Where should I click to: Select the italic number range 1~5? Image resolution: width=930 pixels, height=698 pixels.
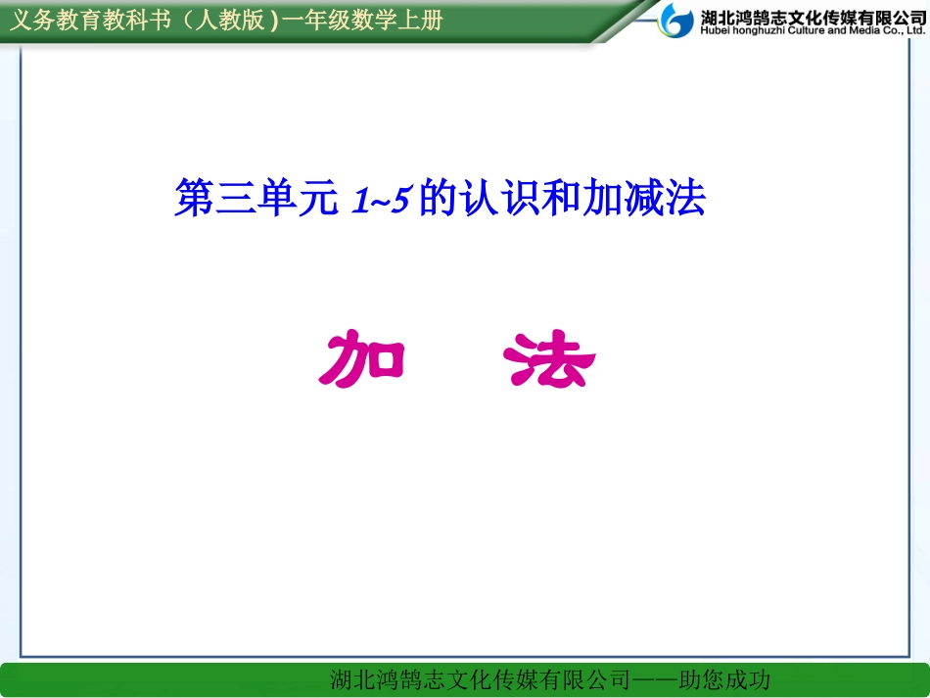[x=380, y=201]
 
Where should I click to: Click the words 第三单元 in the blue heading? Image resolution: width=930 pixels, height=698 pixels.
[x=256, y=200]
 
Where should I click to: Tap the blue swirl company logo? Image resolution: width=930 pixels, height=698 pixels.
[x=674, y=20]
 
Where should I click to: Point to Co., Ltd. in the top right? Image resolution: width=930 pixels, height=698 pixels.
[x=899, y=31]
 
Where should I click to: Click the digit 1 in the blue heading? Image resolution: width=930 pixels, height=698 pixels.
[x=358, y=201]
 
